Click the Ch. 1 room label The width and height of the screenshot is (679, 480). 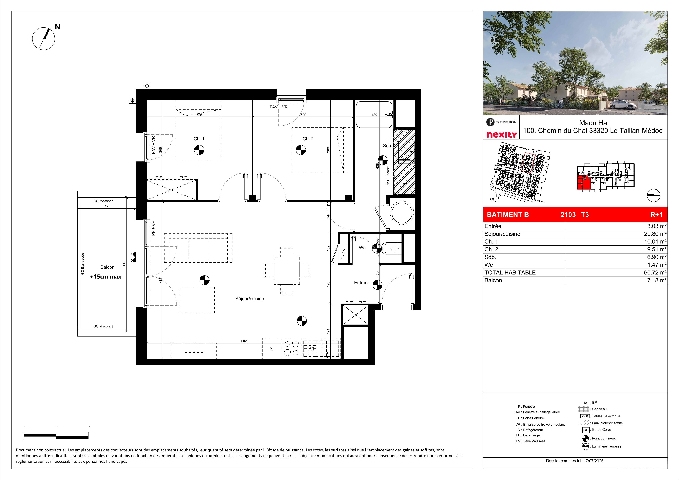click(199, 139)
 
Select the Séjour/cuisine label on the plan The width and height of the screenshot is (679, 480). click(250, 299)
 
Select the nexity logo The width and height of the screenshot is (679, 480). click(502, 135)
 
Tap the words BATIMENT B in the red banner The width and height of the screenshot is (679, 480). click(508, 215)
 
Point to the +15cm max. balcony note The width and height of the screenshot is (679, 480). click(106, 277)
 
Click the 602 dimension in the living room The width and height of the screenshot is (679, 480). click(244, 341)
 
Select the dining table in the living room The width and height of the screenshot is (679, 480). click(286, 271)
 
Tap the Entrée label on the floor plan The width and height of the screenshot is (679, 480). click(361, 283)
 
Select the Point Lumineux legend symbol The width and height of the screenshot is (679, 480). click(585, 438)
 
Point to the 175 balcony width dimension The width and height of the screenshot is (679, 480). click(107, 206)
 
